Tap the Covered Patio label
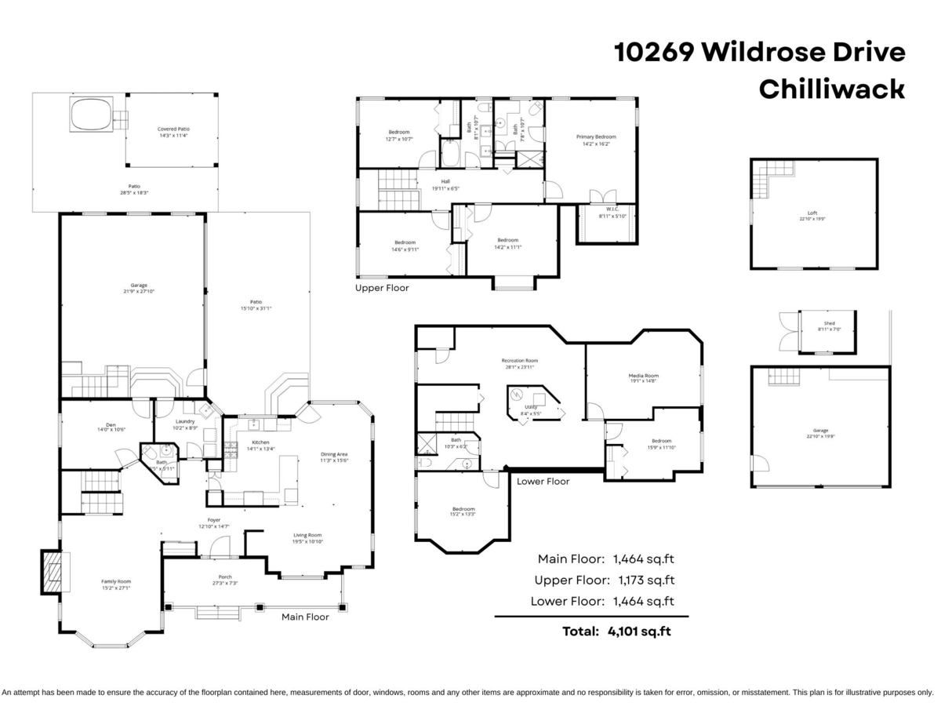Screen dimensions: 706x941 (173, 129)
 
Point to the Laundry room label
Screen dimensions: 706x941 (185, 421)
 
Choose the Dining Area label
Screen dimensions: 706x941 (334, 454)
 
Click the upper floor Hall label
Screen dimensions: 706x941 (445, 181)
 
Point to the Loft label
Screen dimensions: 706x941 (812, 212)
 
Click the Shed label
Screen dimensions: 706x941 (829, 323)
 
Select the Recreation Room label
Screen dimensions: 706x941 (520, 361)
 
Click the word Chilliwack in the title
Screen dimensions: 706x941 (831, 89)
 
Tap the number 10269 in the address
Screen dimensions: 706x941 (653, 53)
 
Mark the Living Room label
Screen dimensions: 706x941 (307, 535)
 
